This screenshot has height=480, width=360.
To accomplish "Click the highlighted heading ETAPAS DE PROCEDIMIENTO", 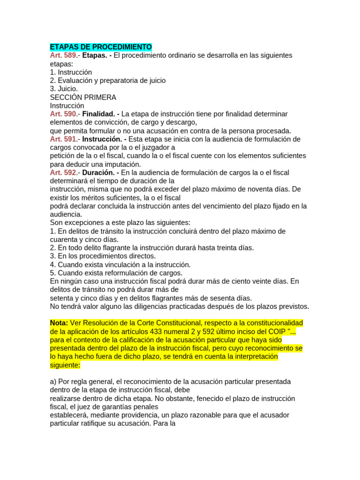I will tap(101, 47).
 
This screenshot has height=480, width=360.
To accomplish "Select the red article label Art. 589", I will tap(63, 55).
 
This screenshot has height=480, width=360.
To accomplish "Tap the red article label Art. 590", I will tap(63, 114).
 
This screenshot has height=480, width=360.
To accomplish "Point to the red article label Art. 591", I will tap(63, 139).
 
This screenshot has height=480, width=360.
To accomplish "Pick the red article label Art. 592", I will tap(63, 173).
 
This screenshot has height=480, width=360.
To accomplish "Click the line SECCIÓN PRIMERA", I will tap(83, 97).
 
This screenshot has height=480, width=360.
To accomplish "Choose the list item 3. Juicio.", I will tap(64, 89).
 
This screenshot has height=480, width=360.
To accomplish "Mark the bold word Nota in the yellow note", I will tap(59, 323).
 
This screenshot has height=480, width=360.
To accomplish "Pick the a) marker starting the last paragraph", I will tap(53, 382).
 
